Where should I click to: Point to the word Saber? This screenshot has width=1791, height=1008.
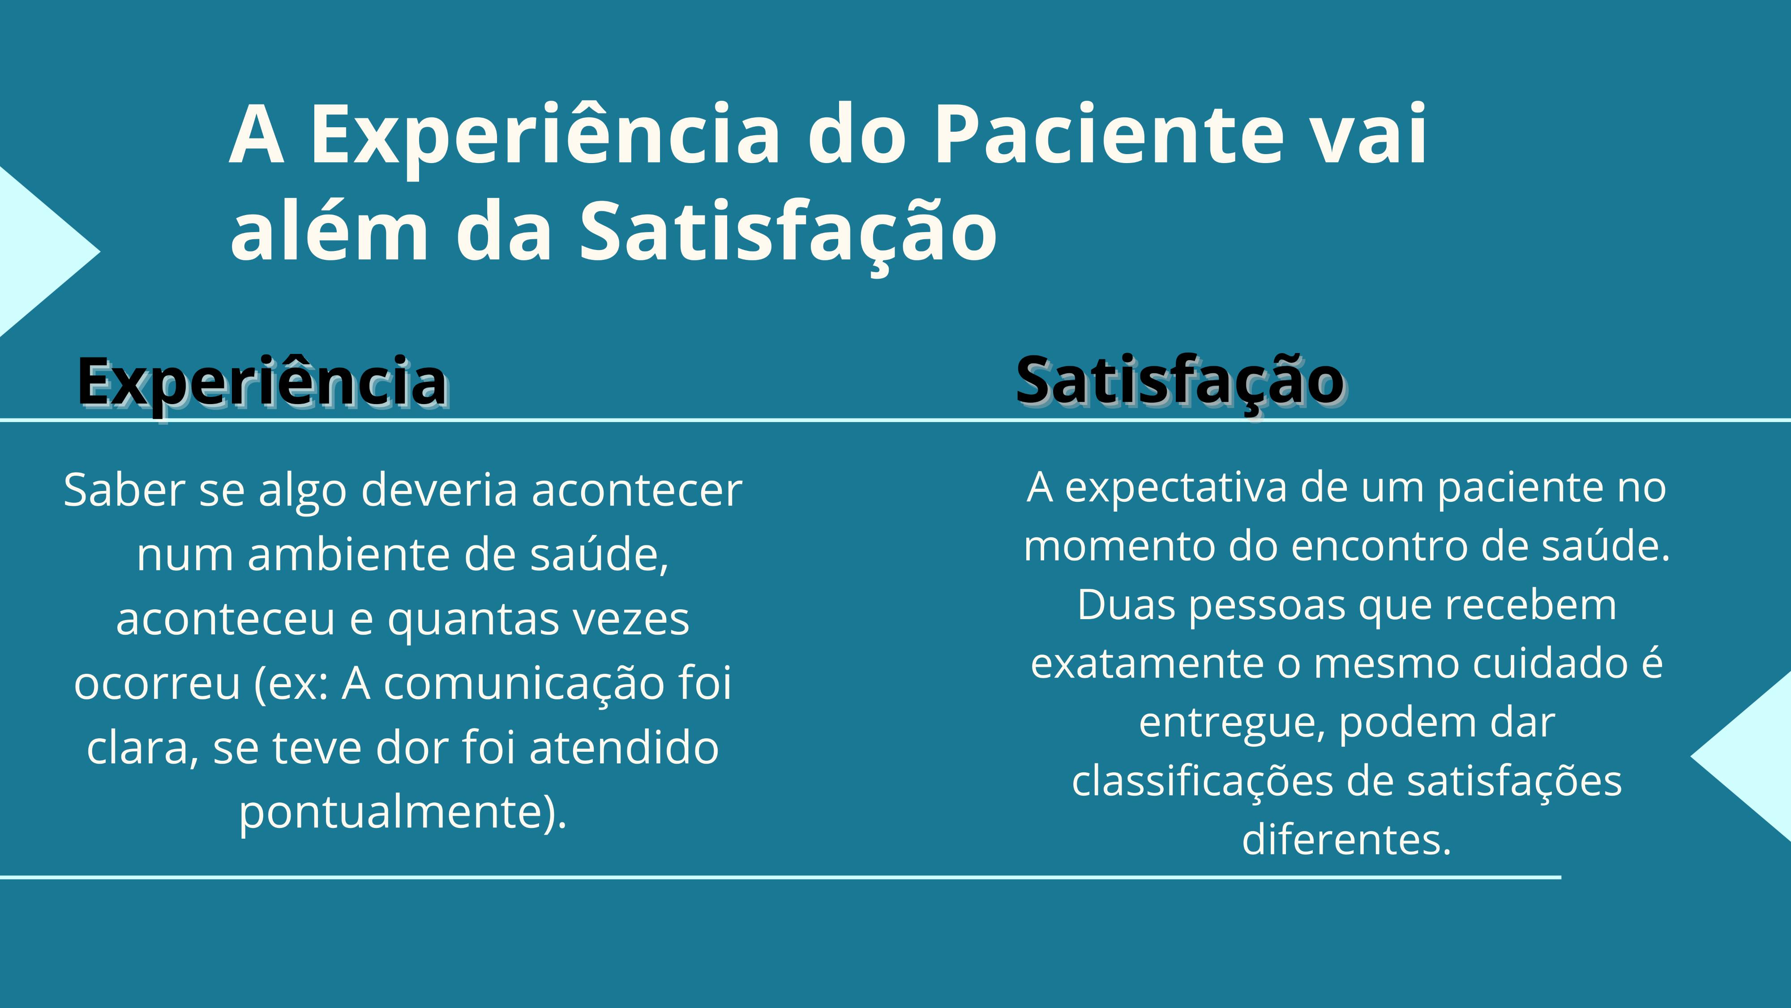tap(124, 490)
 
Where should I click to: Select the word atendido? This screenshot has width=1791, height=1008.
tap(624, 748)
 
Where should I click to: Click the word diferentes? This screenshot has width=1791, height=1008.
tap(1347, 839)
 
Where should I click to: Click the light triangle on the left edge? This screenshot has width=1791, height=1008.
tap(35, 252)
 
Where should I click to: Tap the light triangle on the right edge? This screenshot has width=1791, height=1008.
tap(1756, 756)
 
